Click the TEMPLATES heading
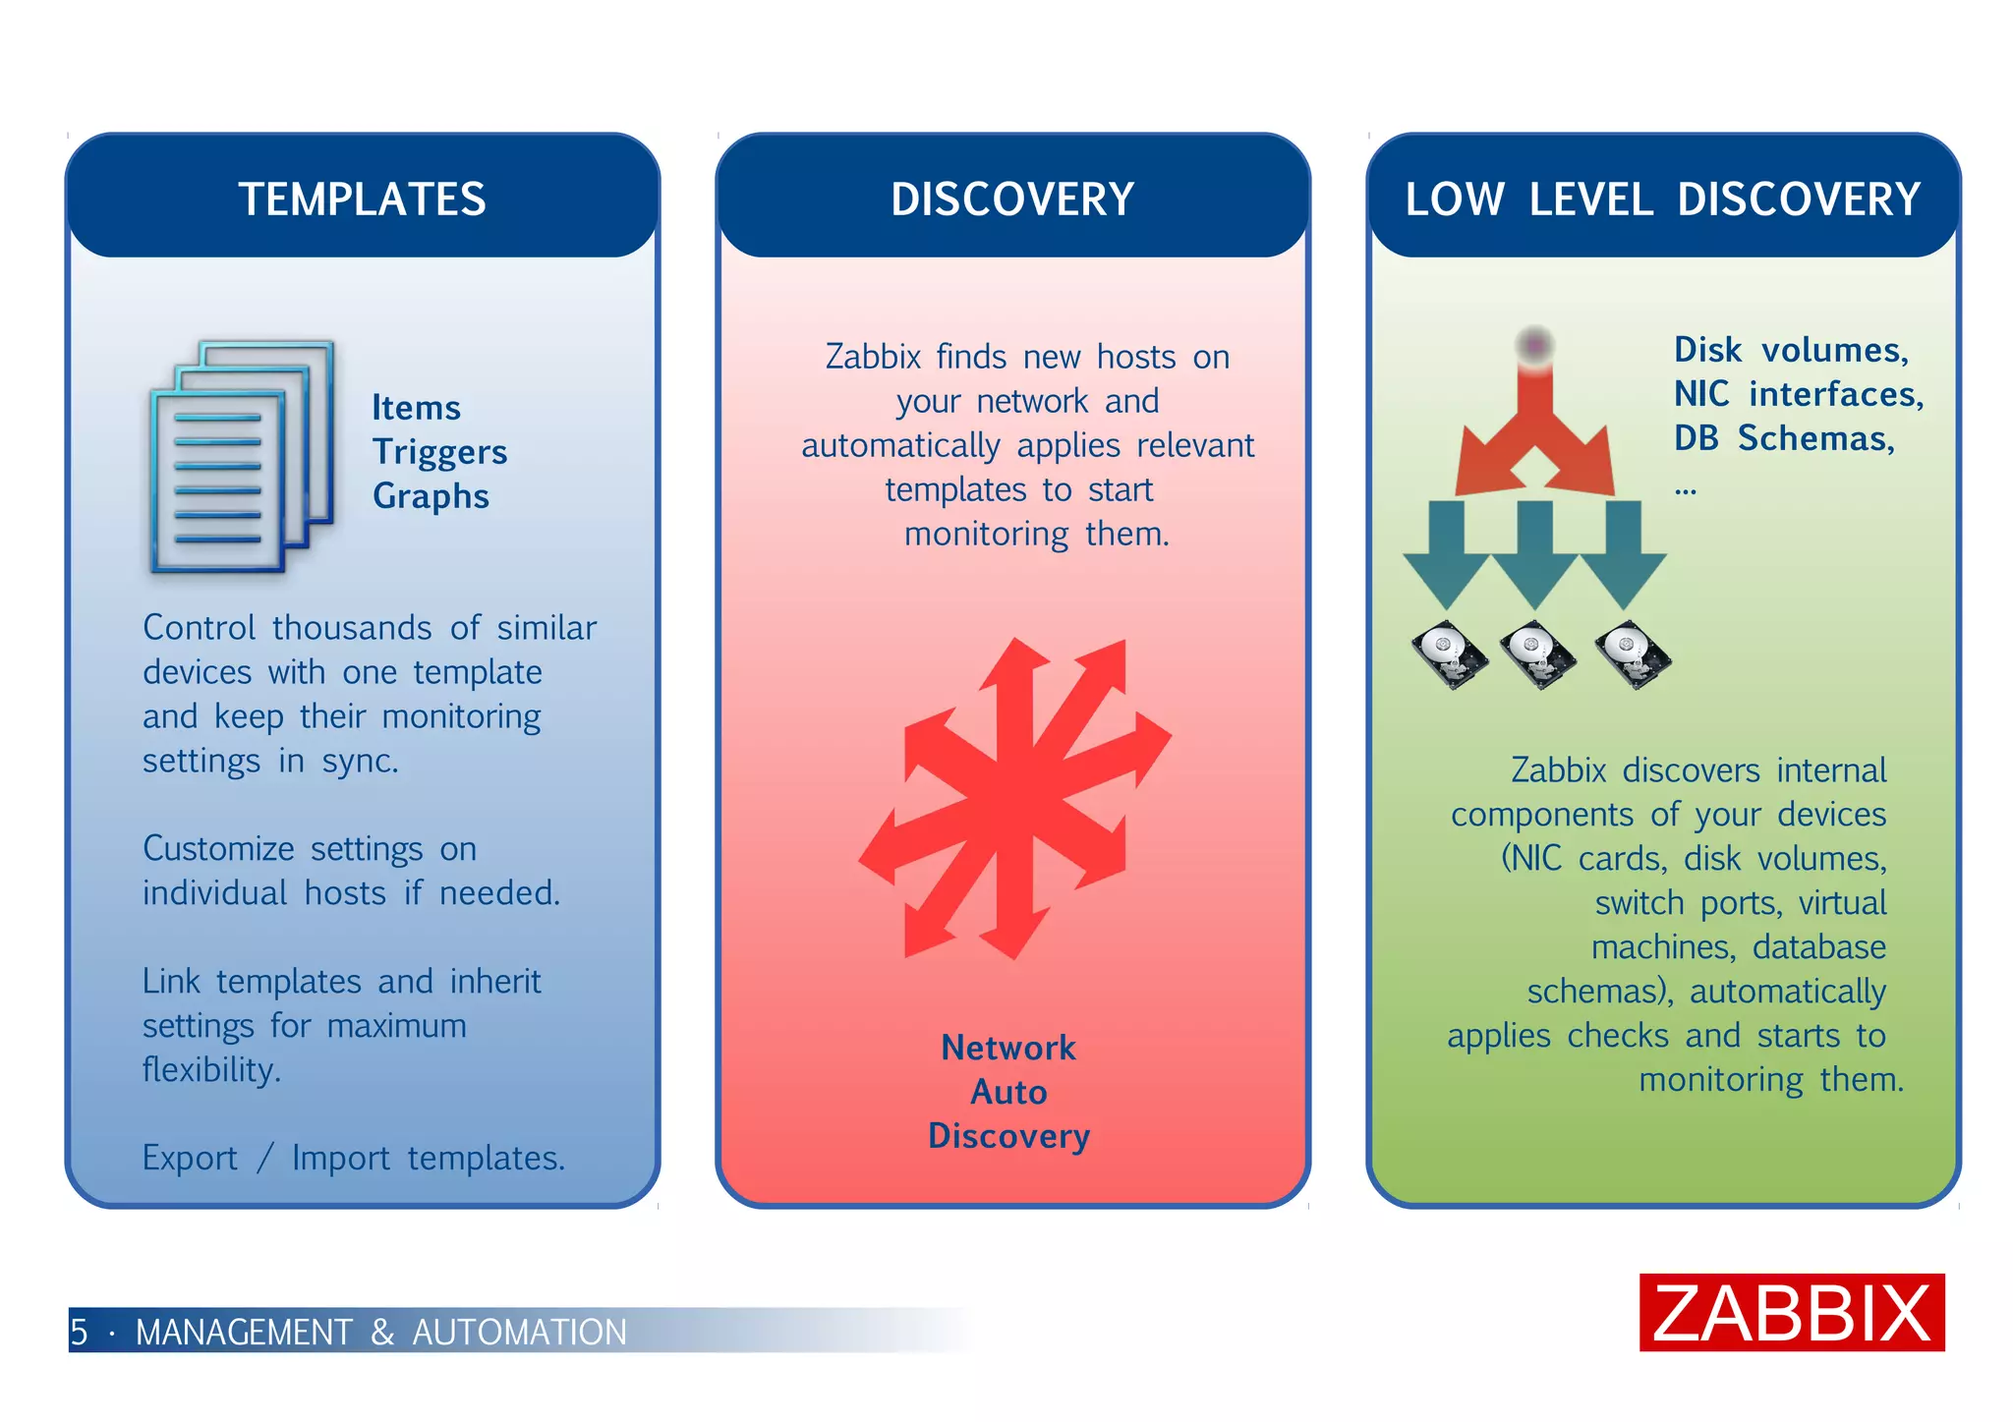(362, 199)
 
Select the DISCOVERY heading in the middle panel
(1012, 199)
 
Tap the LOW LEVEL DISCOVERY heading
(1662, 199)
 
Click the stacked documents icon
(242, 457)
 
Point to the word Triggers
(439, 452)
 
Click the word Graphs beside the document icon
(431, 496)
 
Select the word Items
(416, 408)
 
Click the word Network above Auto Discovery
(1008, 1048)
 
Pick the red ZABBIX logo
(1791, 1313)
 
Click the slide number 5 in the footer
(80, 1333)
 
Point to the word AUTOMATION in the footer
(519, 1333)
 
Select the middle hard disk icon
(1537, 654)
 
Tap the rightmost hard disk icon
(1632, 654)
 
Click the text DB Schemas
(1784, 438)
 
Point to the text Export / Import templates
(354, 1159)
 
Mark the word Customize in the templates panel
(218, 849)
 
